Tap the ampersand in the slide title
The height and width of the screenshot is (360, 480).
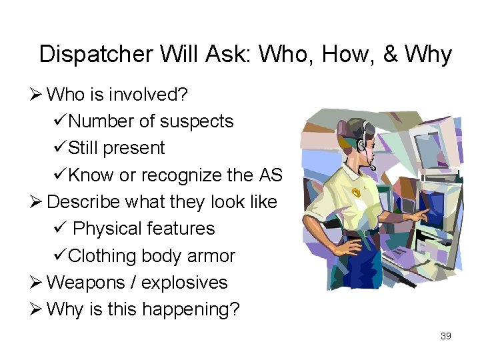tap(391, 54)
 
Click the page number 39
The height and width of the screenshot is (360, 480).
tap(446, 336)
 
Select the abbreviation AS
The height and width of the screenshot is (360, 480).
tap(271, 175)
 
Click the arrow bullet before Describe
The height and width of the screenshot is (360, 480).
tap(37, 202)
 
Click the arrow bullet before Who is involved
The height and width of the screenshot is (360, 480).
tap(37, 95)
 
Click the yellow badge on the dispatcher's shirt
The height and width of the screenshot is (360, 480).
tap(356, 193)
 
